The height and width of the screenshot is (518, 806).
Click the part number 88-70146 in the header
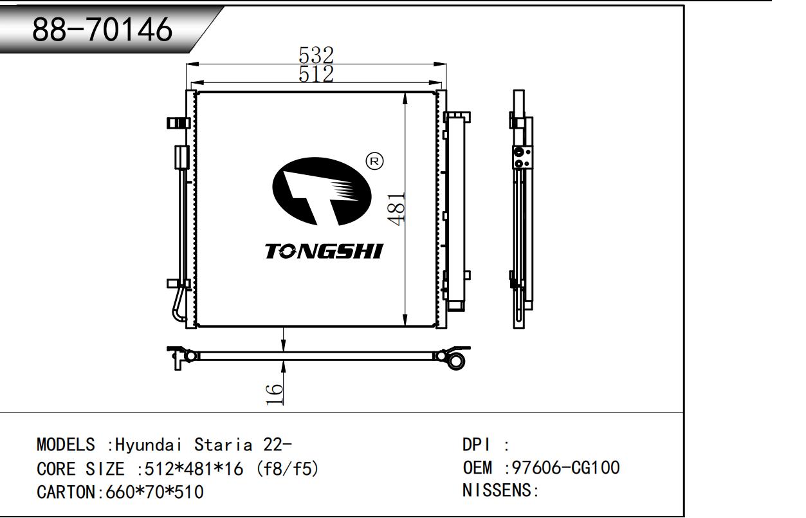tap(102, 29)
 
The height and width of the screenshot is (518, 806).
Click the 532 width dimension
tap(316, 55)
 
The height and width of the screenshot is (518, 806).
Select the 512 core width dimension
tap(316, 74)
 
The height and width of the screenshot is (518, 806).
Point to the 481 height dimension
tap(396, 210)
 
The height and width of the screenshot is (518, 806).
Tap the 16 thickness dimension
tap(275, 394)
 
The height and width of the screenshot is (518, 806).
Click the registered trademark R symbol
tap(374, 162)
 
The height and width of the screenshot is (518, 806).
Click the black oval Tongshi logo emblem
tap(322, 192)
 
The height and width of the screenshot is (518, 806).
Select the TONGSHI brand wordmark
tap(324, 251)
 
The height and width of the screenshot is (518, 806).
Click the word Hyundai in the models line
tap(148, 445)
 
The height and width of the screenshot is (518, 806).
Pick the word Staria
tap(223, 445)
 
